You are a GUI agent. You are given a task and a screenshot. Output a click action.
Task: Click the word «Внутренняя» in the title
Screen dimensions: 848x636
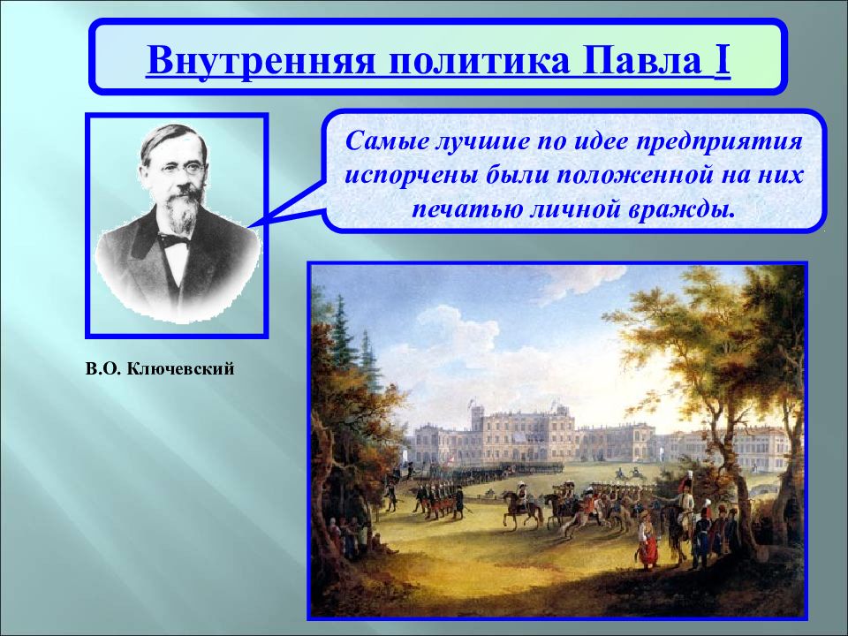click(261, 59)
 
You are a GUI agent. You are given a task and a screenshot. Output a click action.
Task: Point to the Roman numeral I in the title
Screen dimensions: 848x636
click(723, 58)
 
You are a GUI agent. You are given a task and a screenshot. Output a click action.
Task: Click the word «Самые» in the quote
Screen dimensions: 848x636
click(382, 142)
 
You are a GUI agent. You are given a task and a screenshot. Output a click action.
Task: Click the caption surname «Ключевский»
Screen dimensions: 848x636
click(180, 369)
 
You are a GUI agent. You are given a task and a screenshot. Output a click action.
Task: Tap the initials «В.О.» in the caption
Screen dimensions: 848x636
click(103, 369)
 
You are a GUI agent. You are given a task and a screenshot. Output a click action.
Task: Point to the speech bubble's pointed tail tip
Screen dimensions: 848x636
click(249, 227)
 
